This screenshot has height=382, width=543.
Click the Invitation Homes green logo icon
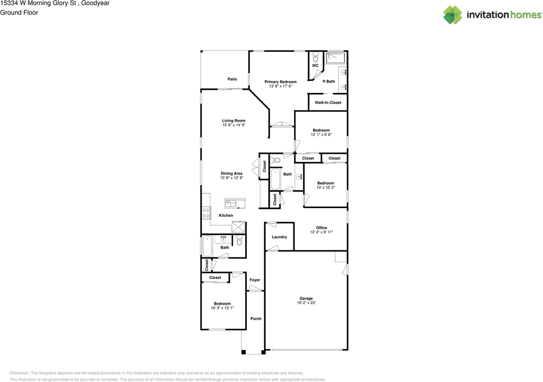tap(453, 15)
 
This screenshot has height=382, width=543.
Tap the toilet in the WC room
tap(315, 57)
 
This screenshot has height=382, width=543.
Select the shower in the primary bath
tap(336, 58)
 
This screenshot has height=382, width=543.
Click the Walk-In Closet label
tap(328, 103)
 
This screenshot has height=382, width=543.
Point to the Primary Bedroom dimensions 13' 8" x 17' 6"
tap(280, 86)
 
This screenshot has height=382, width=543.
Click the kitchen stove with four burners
tap(206, 213)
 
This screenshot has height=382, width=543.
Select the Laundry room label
tap(279, 237)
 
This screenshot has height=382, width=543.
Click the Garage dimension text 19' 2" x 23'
tap(306, 303)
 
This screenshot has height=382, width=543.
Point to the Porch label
tap(256, 318)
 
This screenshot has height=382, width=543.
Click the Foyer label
tap(255, 280)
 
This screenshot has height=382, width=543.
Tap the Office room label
tap(322, 228)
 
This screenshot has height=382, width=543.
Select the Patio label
tap(232, 79)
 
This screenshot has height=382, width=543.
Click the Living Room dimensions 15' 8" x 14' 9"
tap(234, 125)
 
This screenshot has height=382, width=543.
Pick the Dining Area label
tap(232, 173)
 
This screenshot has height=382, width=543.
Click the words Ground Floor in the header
tap(19, 13)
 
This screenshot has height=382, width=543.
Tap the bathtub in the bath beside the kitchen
tap(207, 246)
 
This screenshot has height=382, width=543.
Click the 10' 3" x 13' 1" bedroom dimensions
tap(222, 308)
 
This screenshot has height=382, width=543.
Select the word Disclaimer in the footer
tap(20, 373)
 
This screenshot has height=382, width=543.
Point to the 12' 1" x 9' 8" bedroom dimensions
tap(321, 134)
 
